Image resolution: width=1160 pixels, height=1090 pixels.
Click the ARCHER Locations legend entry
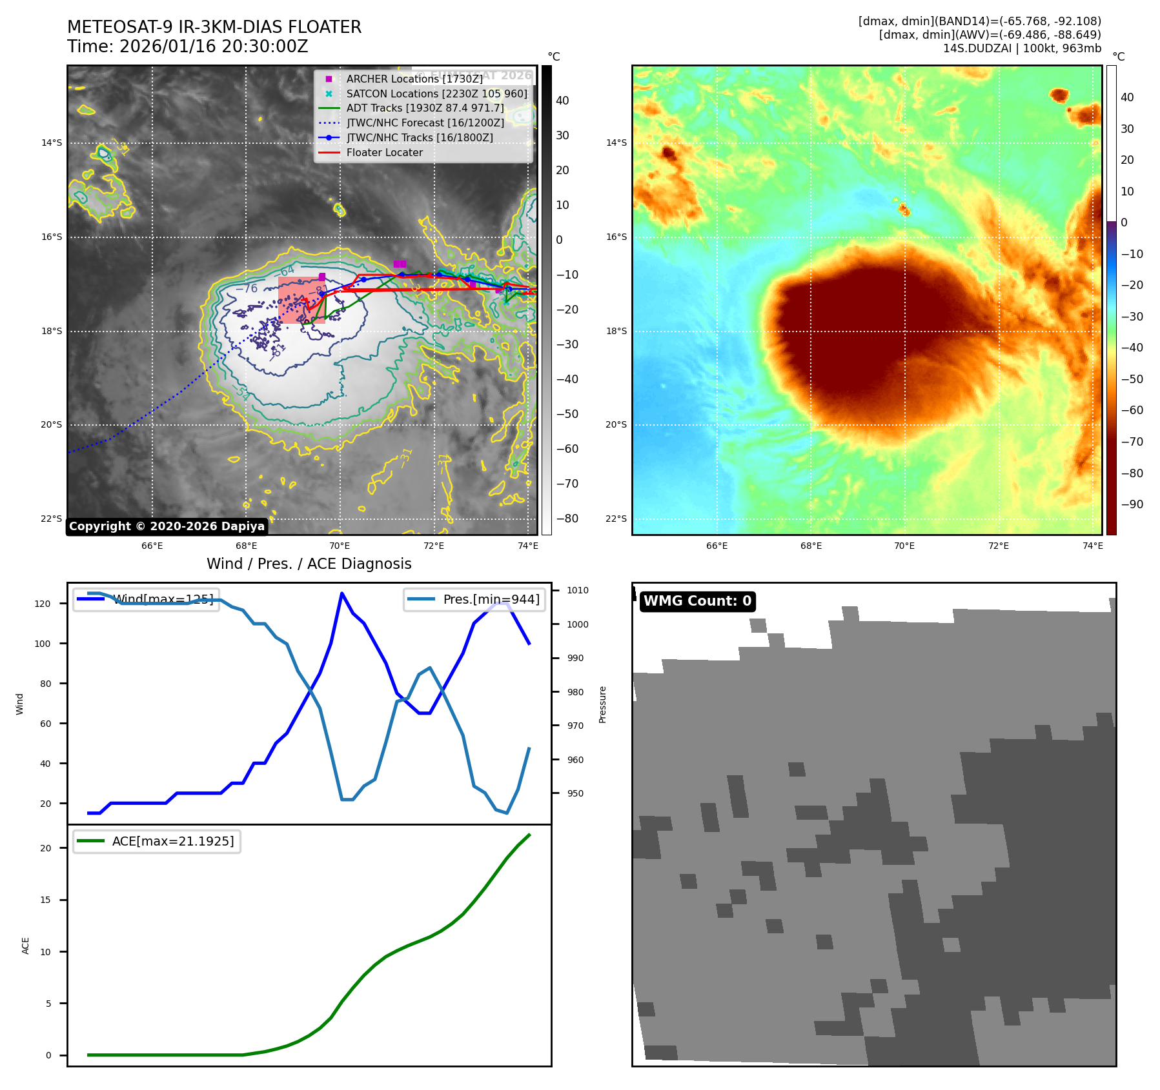tap(414, 79)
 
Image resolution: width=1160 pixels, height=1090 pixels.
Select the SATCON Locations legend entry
tap(436, 94)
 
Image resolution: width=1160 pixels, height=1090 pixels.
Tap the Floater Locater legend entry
tap(384, 153)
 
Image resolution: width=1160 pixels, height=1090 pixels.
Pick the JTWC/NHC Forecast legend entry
tap(425, 123)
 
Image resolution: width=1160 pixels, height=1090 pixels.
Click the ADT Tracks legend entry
tap(425, 108)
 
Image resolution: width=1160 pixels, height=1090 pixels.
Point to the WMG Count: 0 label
tap(697, 601)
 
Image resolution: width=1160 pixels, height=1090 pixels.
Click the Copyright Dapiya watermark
tap(167, 526)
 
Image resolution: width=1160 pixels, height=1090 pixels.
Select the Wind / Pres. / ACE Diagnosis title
tap(309, 564)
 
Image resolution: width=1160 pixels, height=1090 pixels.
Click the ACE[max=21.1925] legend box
tap(157, 842)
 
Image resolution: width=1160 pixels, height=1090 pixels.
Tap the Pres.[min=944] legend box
tap(474, 599)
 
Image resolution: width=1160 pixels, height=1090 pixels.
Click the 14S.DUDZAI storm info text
tap(1022, 48)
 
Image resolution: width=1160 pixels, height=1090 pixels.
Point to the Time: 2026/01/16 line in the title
tap(188, 47)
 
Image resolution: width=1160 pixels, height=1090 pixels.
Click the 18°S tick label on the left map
tap(52, 331)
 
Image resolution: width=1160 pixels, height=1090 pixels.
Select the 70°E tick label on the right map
tap(904, 546)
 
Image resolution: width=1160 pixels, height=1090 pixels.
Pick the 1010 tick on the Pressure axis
tap(578, 590)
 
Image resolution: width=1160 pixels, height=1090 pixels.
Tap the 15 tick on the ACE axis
tap(45, 900)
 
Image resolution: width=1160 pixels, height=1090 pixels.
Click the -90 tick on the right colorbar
tap(1132, 504)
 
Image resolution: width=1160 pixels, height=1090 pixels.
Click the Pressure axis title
tap(602, 704)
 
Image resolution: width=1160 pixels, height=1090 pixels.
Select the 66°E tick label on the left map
tap(152, 546)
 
